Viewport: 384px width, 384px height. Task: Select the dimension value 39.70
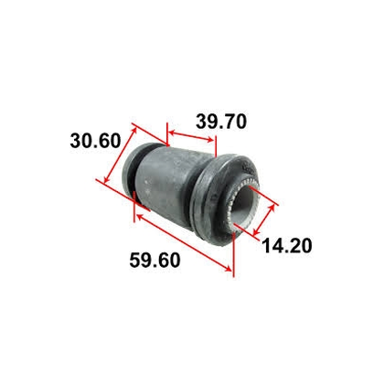[x=220, y=120]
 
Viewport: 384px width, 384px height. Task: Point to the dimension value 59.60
[x=155, y=261]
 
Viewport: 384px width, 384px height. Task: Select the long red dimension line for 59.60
[x=183, y=243]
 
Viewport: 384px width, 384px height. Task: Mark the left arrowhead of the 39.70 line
[x=168, y=130]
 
